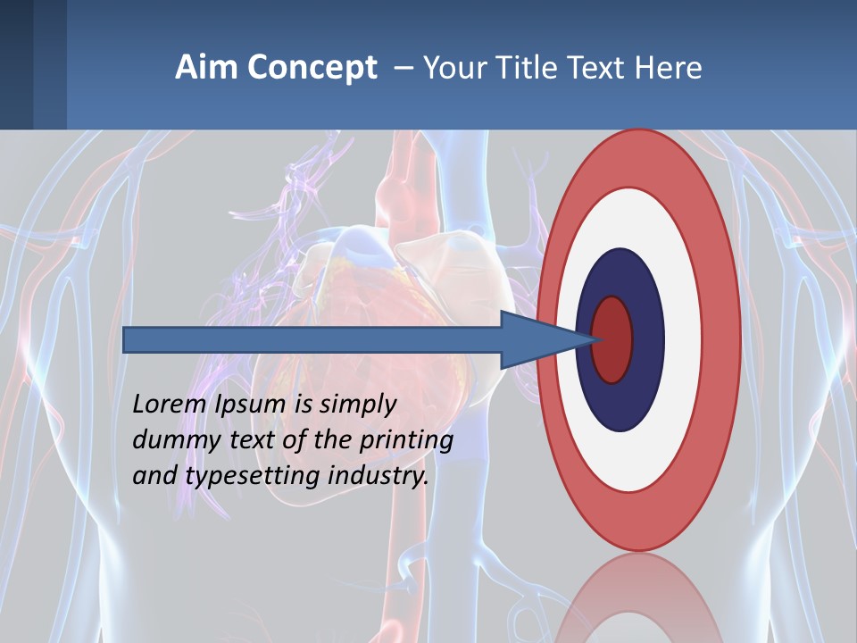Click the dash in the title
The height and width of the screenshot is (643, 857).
(403, 68)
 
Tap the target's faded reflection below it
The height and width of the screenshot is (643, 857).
(639, 598)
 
